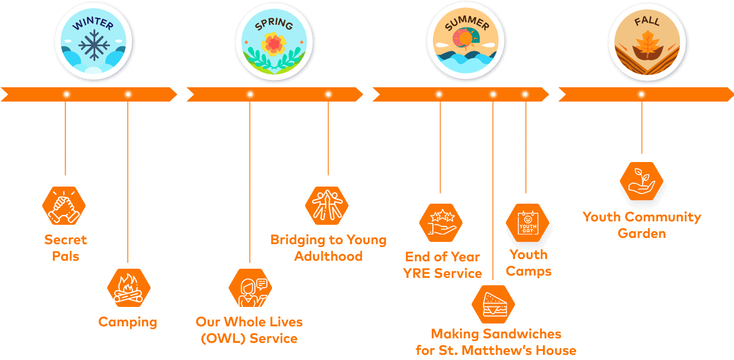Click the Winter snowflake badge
click(x=94, y=42)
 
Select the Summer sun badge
click(x=465, y=42)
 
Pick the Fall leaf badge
click(x=647, y=42)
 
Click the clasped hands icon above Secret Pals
click(x=64, y=206)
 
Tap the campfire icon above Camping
click(x=129, y=288)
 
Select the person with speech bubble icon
click(x=250, y=288)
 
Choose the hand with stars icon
click(x=441, y=223)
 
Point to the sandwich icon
click(x=493, y=305)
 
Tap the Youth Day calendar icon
click(x=528, y=223)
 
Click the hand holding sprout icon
click(x=642, y=181)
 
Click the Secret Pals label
click(x=66, y=248)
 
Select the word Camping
click(x=128, y=322)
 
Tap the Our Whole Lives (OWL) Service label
click(x=249, y=330)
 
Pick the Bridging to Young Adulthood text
click(x=328, y=248)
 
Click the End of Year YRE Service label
click(x=443, y=265)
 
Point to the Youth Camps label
click(x=529, y=263)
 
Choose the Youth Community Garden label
click(x=642, y=225)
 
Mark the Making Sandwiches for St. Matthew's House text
click(x=496, y=342)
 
